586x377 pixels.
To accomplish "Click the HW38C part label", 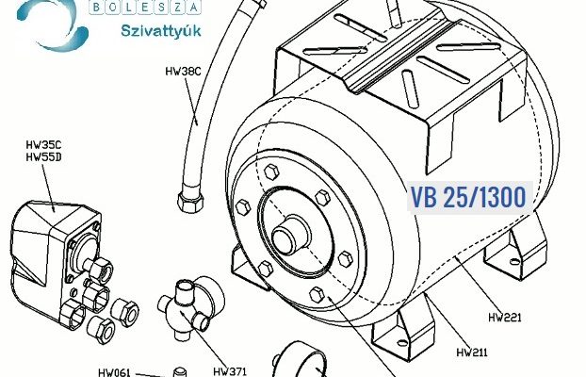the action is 183,71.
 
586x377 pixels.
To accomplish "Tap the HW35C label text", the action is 43,145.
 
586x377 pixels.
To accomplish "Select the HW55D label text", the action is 43,157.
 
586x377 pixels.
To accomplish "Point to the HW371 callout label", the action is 230,371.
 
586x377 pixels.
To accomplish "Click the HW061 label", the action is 115,372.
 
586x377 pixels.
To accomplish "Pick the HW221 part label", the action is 505,318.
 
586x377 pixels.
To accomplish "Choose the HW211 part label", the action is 472,352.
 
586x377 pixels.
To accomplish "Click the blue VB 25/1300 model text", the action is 468,197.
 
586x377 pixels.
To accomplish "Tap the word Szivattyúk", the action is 161,31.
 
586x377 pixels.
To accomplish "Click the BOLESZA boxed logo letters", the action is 145,8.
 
